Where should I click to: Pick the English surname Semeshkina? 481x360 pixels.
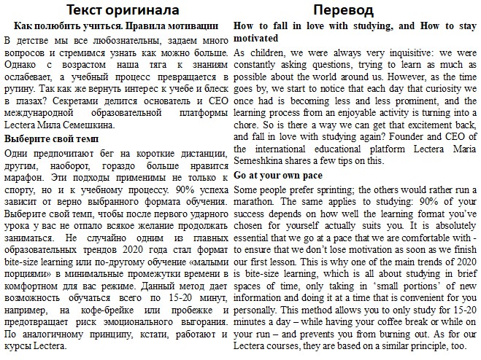267,161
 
